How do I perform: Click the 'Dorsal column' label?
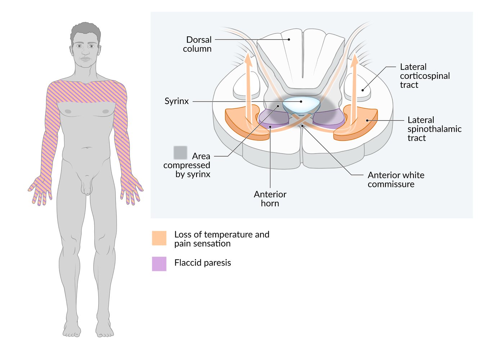point(197,44)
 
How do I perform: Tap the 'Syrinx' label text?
point(176,101)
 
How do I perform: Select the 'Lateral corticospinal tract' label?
point(425,76)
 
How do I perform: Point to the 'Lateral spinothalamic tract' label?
point(434,129)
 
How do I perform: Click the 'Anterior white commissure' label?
point(396,180)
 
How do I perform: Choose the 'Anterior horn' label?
point(270,199)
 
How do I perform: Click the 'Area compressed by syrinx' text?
point(187,165)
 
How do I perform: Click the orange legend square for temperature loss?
point(159,238)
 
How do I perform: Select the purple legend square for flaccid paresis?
point(159,264)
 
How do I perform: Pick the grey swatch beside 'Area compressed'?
point(180,153)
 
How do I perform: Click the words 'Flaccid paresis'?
point(203,263)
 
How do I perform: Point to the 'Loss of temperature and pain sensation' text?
point(222,239)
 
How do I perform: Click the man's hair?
point(86,31)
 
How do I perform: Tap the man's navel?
point(87,148)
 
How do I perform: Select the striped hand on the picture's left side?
point(40,190)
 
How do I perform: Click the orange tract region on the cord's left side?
point(247,122)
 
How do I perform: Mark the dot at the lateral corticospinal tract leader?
point(363,90)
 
